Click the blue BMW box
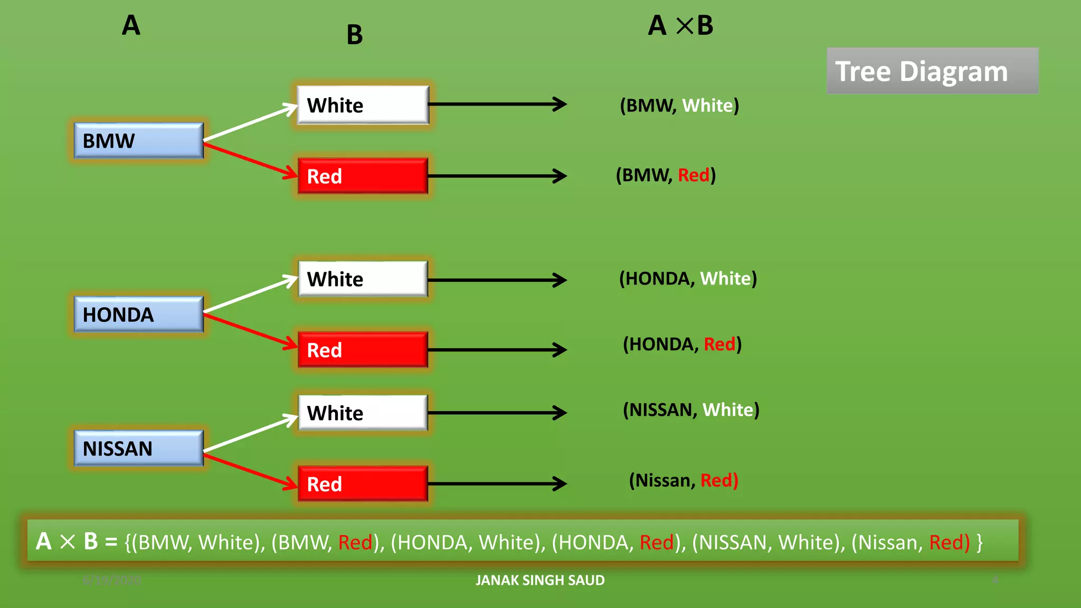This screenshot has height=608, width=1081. [138, 140]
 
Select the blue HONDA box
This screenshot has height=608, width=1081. [138, 315]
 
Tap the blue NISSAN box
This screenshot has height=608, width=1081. [138, 448]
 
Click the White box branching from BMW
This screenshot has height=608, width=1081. [363, 105]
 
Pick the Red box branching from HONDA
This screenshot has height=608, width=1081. [363, 349]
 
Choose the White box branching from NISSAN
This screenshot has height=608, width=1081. [363, 413]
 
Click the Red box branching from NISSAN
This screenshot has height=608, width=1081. [363, 483]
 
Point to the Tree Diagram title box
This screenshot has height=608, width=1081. [932, 71]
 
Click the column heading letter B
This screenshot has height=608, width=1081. [355, 35]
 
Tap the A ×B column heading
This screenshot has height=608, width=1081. [680, 25]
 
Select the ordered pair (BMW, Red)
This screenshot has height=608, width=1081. [666, 175]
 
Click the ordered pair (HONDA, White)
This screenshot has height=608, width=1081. [688, 279]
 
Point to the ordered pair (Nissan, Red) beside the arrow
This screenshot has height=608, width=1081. [684, 480]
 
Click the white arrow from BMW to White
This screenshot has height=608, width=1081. [251, 123]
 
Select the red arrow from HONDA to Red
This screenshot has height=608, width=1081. [251, 331]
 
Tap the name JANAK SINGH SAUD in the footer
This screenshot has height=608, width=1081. [540, 580]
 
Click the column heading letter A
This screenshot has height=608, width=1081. [131, 25]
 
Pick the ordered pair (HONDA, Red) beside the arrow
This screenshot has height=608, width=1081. [682, 344]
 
